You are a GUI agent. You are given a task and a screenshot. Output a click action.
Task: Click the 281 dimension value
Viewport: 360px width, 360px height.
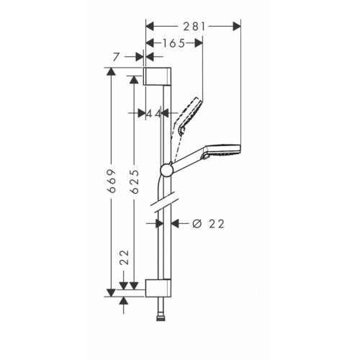(194, 26)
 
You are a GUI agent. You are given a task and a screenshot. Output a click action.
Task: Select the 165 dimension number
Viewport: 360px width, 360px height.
(174, 43)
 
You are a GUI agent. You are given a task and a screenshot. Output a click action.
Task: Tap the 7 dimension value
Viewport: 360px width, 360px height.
(116, 57)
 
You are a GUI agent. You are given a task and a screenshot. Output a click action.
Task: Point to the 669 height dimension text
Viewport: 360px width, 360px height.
(112, 181)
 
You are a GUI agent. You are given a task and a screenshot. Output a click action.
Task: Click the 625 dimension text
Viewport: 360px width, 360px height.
(135, 181)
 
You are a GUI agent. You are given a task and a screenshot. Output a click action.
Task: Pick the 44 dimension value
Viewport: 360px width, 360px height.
(153, 114)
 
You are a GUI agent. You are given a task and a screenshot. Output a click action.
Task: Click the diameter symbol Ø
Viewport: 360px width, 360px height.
(197, 224)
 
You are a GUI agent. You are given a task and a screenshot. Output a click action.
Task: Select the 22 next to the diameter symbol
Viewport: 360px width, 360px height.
(217, 224)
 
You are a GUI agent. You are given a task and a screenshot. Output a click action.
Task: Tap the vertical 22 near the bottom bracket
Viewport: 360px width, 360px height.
(125, 258)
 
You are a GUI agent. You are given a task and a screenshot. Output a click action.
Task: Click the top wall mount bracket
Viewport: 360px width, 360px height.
(157, 76)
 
